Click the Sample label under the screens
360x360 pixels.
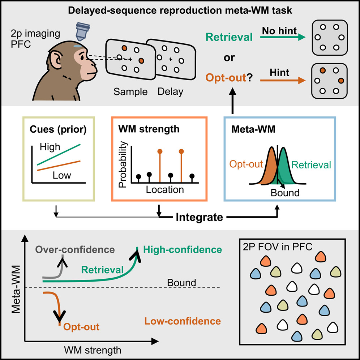tap(130, 92)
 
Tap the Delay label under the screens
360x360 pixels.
tap(170, 92)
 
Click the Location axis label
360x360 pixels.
tap(164, 189)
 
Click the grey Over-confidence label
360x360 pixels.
tap(75, 249)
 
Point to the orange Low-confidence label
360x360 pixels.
tap(182, 321)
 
